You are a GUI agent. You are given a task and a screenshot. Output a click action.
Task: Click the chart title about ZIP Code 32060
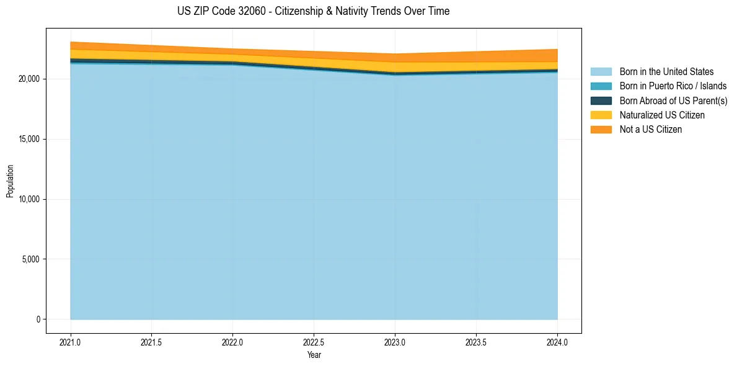pyautogui.click(x=314, y=11)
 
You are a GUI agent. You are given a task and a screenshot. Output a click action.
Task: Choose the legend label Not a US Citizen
pyautogui.click(x=651, y=129)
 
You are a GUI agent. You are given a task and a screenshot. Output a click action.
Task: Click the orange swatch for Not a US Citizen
pyautogui.click(x=601, y=129)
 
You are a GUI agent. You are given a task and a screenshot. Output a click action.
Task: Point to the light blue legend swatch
pyautogui.click(x=601, y=72)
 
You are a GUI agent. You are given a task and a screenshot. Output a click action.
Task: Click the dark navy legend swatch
pyautogui.click(x=601, y=100)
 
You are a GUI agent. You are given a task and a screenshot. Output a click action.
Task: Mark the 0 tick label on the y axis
pyautogui.click(x=38, y=319)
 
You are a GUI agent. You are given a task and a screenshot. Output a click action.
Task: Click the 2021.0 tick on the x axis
pyautogui.click(x=70, y=342)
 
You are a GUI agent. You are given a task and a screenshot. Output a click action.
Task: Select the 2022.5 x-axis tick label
pyautogui.click(x=314, y=342)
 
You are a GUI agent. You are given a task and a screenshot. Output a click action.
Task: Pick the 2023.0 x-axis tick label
pyautogui.click(x=395, y=342)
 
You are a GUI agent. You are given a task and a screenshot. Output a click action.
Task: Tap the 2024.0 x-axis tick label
pyautogui.click(x=557, y=342)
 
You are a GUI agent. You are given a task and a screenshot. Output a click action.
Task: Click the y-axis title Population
pyautogui.click(x=10, y=181)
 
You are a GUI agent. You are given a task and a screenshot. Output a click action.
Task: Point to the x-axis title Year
pyautogui.click(x=314, y=355)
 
